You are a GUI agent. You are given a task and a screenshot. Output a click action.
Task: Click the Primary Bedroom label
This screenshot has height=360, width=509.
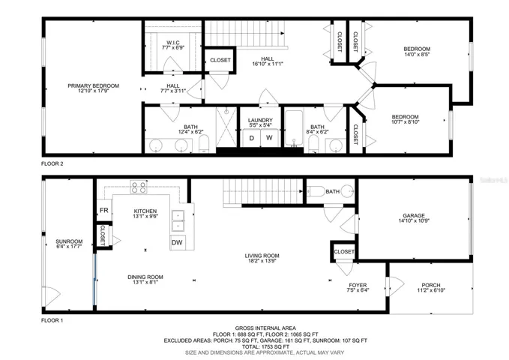point(93,85)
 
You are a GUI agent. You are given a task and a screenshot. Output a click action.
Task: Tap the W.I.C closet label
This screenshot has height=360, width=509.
point(173,43)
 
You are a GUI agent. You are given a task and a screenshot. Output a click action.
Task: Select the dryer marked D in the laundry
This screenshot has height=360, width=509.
point(252,138)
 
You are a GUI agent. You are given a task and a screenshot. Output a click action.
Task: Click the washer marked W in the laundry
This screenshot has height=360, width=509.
point(269,138)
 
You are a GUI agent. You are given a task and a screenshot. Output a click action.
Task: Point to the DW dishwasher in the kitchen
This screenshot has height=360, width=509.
point(177,242)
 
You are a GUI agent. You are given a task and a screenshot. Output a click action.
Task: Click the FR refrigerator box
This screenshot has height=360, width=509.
point(104,211)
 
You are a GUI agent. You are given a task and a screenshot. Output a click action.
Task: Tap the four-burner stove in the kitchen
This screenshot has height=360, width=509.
point(139,187)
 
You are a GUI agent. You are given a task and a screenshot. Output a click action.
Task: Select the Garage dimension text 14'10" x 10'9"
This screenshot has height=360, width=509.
point(414,221)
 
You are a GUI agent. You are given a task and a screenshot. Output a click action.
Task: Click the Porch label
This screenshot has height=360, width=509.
point(431,285)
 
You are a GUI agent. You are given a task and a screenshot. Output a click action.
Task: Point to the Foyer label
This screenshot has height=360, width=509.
point(358,285)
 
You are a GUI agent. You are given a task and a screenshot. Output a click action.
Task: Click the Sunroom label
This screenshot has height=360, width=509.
point(69,241)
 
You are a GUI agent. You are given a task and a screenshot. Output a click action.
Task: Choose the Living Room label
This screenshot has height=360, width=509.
point(262,256)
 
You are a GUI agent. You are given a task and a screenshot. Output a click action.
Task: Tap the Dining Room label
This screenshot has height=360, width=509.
point(145,277)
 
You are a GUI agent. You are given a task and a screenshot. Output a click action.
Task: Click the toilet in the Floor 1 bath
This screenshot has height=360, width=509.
point(315,191)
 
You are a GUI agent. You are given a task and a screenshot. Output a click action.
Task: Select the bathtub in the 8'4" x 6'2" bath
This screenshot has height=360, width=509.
point(294,128)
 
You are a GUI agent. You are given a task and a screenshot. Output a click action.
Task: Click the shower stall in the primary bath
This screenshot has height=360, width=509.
point(226,127)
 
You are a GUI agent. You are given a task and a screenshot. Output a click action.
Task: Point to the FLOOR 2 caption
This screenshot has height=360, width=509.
point(52,163)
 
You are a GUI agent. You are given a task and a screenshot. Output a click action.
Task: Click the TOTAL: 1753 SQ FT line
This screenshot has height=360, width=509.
point(265,346)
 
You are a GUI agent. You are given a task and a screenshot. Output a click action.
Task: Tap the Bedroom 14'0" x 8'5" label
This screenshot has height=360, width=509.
point(417,49)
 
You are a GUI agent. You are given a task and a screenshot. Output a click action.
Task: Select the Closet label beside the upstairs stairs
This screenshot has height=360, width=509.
point(220,60)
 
